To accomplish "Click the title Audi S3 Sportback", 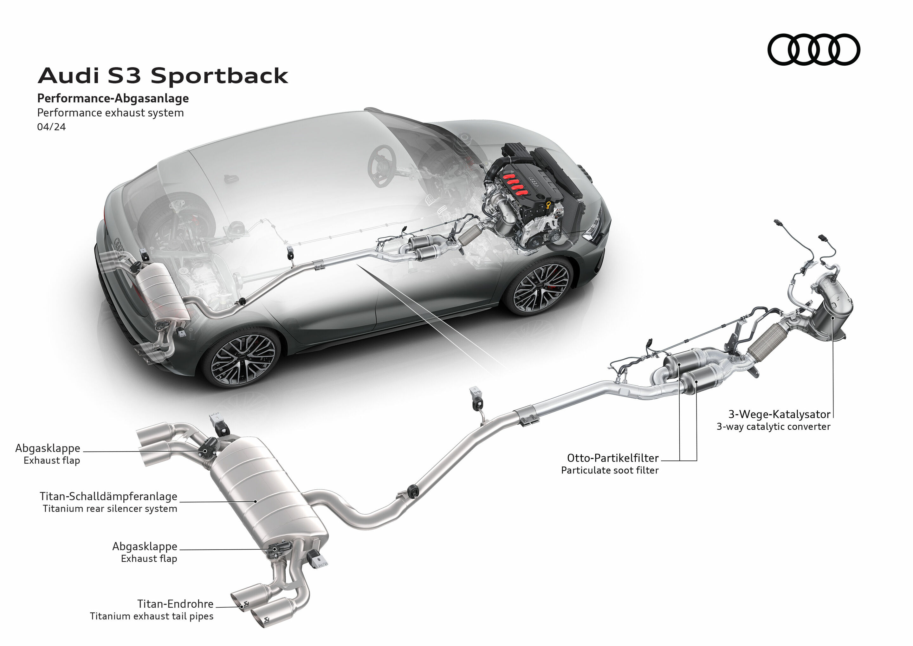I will click(x=163, y=75).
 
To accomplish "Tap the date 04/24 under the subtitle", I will click(x=51, y=127).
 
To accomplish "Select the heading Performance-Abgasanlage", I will click(x=113, y=98).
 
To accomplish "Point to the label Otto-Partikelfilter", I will click(x=612, y=458).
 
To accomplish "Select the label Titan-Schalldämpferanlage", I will click(x=108, y=496).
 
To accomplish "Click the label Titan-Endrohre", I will click(x=175, y=604).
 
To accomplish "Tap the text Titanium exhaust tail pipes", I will click(x=152, y=616).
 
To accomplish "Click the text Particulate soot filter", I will click(x=610, y=470).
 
